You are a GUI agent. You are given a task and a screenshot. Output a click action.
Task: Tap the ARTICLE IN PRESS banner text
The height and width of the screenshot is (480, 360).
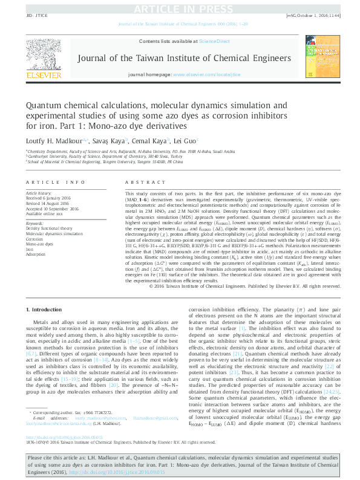pyautogui.click(x=179, y=8)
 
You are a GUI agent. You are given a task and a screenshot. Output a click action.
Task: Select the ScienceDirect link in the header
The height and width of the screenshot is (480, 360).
pyautogui.click(x=215, y=41)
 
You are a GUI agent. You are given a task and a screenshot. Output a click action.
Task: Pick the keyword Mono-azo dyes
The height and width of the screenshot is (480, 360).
pyautogui.click(x=40, y=244)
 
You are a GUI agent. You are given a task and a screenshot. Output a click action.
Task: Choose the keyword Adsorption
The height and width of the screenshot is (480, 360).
pyautogui.click(x=36, y=255)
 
